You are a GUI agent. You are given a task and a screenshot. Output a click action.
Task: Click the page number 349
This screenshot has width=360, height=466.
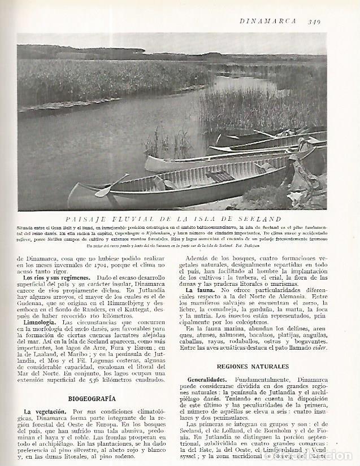pyautogui.click(x=315, y=22)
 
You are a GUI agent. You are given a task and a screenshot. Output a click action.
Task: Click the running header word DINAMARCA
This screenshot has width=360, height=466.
pyautogui.click(x=268, y=22)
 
